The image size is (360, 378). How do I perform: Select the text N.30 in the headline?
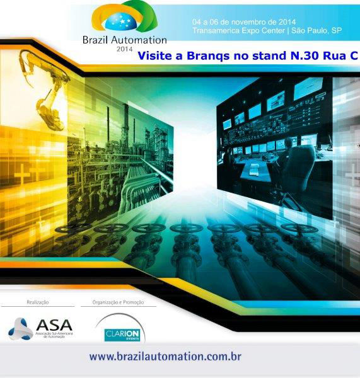[x=302, y=56]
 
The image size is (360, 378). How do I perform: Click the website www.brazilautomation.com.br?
[x=165, y=357]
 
